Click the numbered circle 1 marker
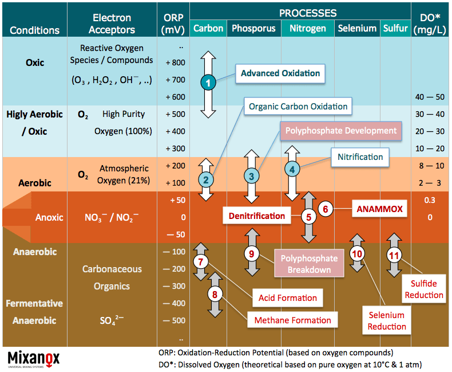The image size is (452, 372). (208, 83)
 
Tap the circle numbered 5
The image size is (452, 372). (309, 217)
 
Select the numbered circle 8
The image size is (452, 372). (215, 295)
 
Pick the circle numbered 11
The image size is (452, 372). (394, 255)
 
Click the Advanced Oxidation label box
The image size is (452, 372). (280, 73)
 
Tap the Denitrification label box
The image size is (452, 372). (257, 216)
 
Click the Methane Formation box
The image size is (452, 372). (293, 320)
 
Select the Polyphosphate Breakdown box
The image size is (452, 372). (310, 264)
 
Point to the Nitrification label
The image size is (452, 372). (360, 156)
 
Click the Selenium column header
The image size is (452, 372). (357, 28)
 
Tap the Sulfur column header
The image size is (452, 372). (396, 28)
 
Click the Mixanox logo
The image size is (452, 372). (34, 358)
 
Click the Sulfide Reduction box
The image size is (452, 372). (423, 289)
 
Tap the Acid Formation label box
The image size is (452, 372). (288, 298)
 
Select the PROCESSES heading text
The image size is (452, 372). (308, 13)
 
